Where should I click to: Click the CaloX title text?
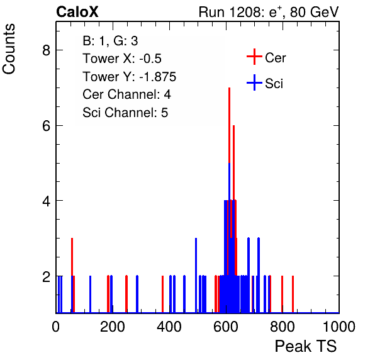click(x=77, y=12)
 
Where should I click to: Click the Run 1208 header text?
click(x=269, y=12)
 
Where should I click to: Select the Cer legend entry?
click(x=266, y=57)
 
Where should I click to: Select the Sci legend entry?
click(x=265, y=83)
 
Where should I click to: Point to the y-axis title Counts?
click(x=9, y=49)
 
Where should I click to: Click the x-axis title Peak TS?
click(x=306, y=346)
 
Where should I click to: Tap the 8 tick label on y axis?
click(x=46, y=50)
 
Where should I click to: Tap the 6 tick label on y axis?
click(x=46, y=125)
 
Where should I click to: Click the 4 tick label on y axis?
click(x=46, y=201)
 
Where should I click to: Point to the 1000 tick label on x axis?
click(x=339, y=327)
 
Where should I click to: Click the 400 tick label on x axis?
click(x=169, y=327)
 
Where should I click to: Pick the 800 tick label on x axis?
click(x=283, y=327)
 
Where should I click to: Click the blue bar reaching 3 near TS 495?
click(x=196, y=275)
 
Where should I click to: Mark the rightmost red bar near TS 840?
click(x=293, y=294)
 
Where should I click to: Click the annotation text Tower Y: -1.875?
click(x=129, y=77)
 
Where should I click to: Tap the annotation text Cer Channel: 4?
click(x=126, y=94)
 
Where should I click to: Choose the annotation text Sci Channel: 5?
click(x=125, y=113)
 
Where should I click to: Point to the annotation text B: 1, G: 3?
click(x=110, y=41)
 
